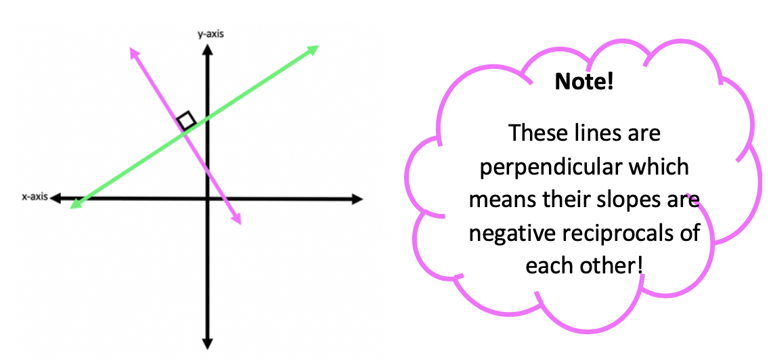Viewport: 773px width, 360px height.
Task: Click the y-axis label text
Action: coord(211,33)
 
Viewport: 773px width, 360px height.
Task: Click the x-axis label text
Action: coord(34,197)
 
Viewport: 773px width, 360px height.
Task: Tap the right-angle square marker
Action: coord(186,120)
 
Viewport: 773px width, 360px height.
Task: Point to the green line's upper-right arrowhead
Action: coord(313,49)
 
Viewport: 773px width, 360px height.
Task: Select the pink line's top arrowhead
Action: coord(133,51)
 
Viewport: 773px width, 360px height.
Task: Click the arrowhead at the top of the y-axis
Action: coord(207,49)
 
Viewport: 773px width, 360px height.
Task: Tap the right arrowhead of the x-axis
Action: coord(357,199)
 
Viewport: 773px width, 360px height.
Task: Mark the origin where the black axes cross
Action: coord(207,199)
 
